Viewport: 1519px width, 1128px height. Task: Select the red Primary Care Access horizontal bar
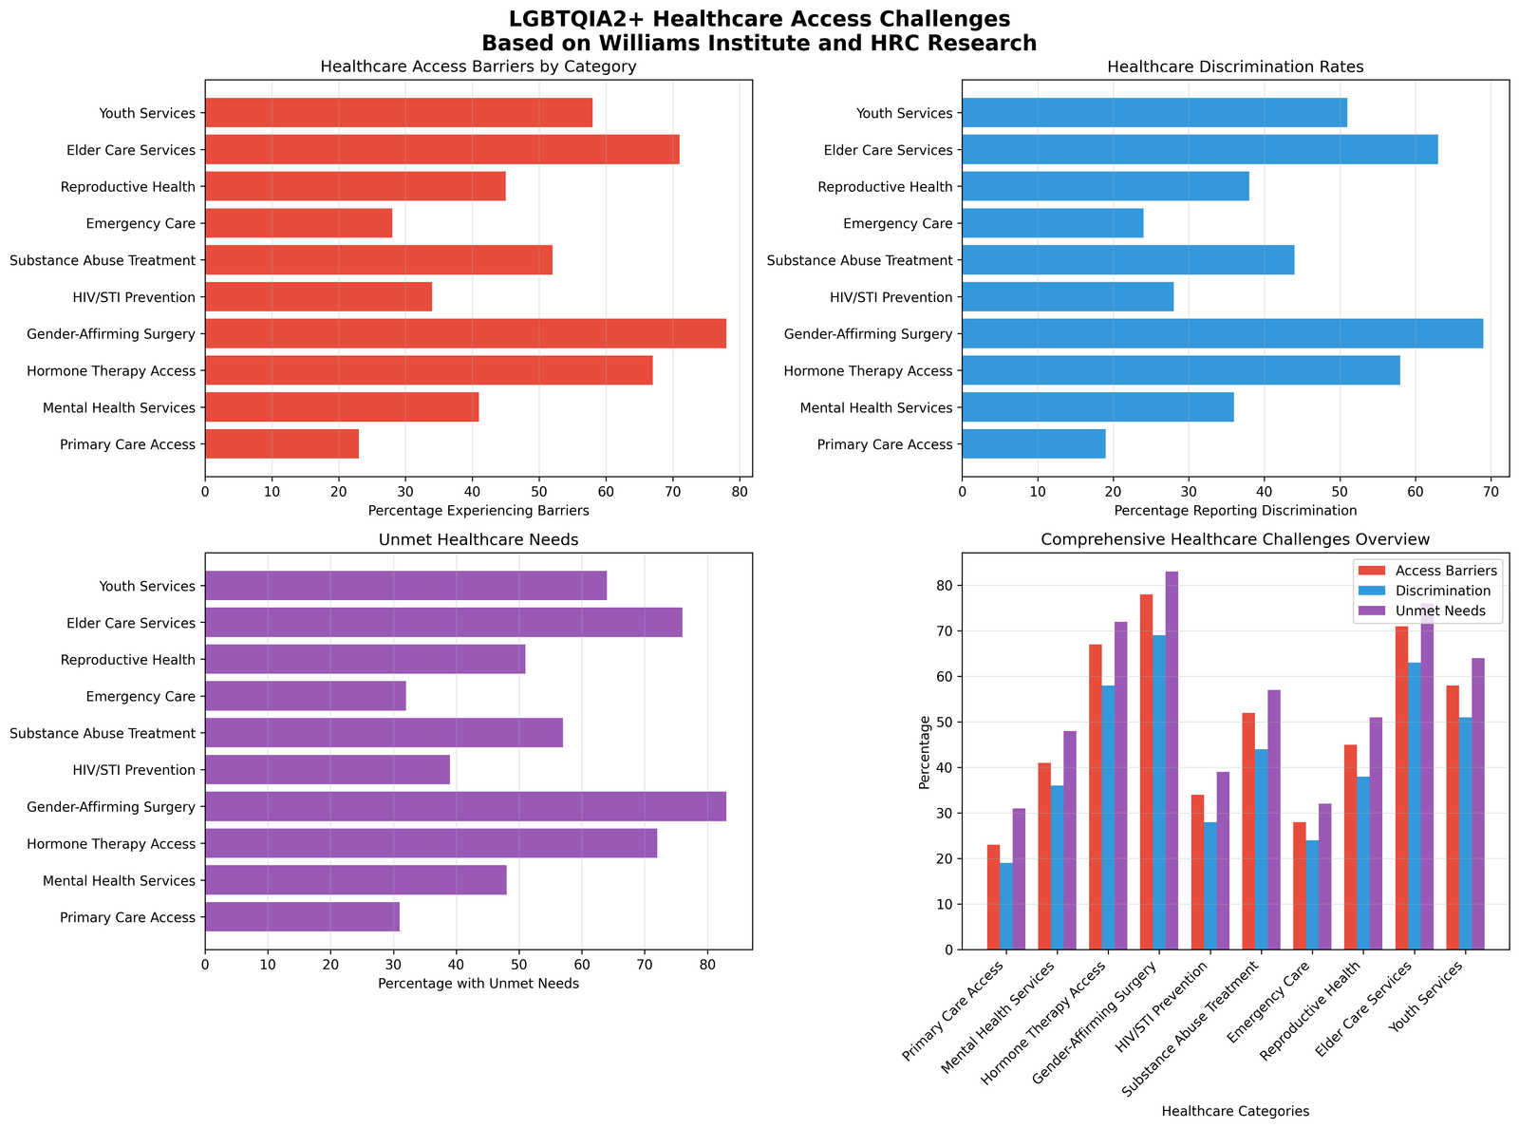[x=282, y=443]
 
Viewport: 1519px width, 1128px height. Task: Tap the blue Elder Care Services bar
[x=1199, y=149]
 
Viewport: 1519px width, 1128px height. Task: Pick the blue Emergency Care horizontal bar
[x=1052, y=223]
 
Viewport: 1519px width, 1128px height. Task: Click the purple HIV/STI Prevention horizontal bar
[x=328, y=769]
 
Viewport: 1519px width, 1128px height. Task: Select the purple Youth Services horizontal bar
[x=405, y=585]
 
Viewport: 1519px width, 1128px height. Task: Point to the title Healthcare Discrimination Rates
[x=1235, y=67]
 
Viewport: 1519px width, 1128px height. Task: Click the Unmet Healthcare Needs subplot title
[x=478, y=540]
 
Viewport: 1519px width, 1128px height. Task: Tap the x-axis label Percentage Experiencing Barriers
[x=478, y=511]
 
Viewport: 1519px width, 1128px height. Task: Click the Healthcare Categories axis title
[x=1235, y=1111]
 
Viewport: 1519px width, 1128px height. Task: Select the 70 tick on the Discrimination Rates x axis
[x=1491, y=491]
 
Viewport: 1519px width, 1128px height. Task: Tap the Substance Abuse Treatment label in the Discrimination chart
[x=859, y=260]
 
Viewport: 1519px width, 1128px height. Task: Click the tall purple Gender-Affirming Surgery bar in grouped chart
[x=1172, y=760]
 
